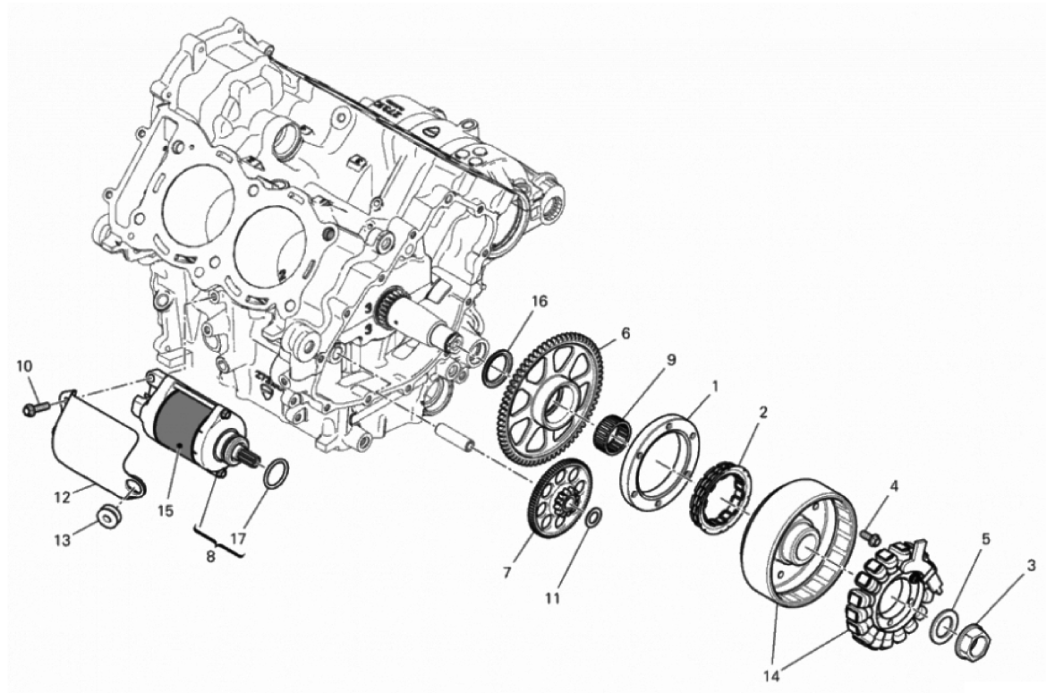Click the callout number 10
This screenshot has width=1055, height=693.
24,366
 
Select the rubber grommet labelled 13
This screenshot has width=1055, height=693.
109,517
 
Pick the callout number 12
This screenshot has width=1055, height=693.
63,499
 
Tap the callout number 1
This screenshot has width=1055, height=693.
715,387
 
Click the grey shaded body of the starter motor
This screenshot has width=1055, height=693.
178,427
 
